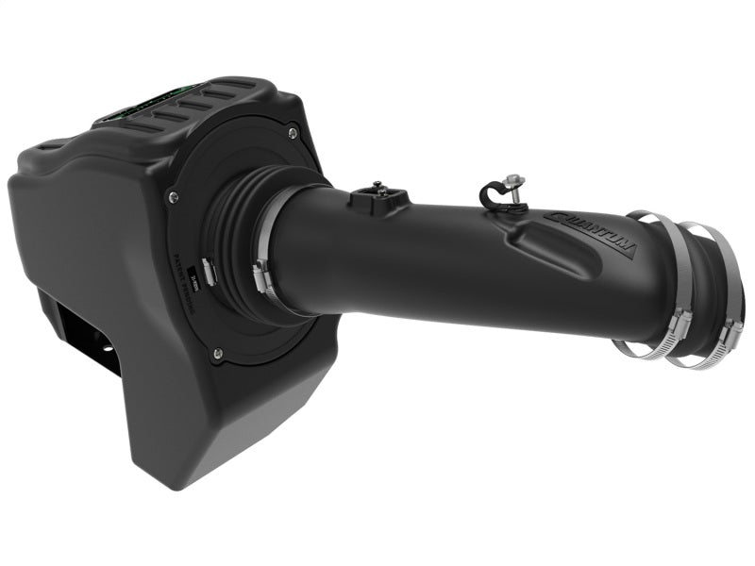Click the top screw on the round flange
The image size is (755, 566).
coord(292,131)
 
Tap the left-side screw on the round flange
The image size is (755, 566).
coord(172,196)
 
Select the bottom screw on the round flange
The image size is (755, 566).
coord(218,354)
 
